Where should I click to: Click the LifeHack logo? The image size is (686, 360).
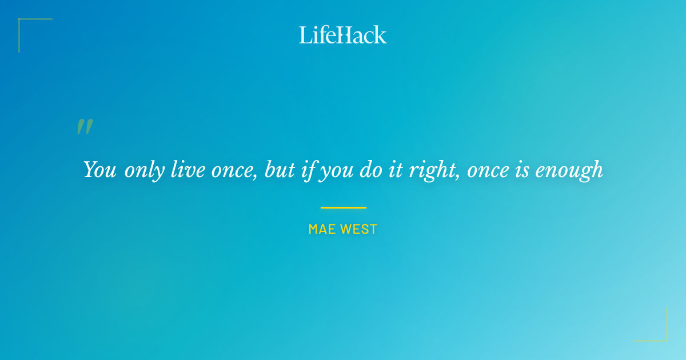point(343,35)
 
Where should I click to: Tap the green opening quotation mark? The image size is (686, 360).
point(85,127)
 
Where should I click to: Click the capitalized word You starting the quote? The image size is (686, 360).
point(100,170)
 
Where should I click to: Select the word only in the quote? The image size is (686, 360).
point(144,170)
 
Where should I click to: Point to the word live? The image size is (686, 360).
point(188,170)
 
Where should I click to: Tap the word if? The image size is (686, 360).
point(309,170)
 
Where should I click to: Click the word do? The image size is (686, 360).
point(371,170)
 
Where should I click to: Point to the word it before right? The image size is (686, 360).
point(396,170)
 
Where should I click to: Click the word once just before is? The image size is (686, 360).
point(489,170)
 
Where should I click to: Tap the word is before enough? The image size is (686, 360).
point(523,170)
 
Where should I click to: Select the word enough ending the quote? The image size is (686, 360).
point(569,170)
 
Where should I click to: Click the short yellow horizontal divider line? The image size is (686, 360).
point(343,207)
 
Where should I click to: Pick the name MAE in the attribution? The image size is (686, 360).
point(322,229)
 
